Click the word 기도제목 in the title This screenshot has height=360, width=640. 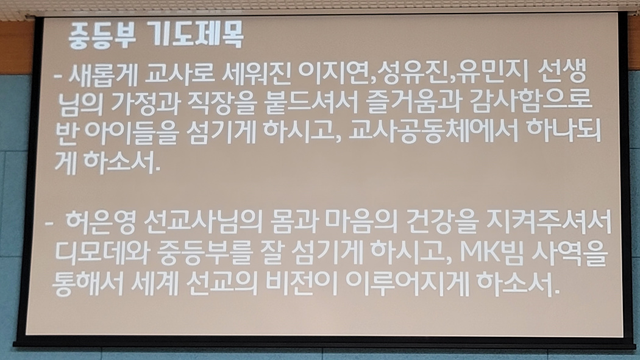[x=195, y=35]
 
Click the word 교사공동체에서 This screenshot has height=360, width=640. [x=433, y=132]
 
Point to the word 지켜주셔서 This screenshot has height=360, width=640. [x=549, y=222]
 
